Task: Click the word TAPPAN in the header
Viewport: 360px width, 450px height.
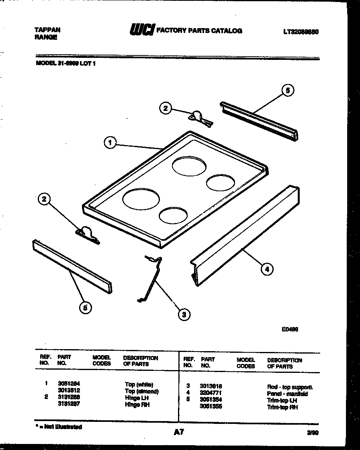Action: pyautogui.click(x=47, y=30)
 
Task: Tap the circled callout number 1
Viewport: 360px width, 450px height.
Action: pyautogui.click(x=109, y=142)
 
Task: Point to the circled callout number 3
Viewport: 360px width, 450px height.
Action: pyautogui.click(x=184, y=314)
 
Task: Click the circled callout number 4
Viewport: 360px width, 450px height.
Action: pyautogui.click(x=267, y=269)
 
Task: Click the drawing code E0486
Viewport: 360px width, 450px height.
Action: pyautogui.click(x=289, y=329)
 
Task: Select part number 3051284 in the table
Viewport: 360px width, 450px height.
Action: pyautogui.click(x=69, y=384)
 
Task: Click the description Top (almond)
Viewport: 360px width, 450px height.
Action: pyautogui.click(x=142, y=391)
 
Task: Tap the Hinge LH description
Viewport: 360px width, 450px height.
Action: pyautogui.click(x=137, y=398)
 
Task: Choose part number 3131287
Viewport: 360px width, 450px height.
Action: pyautogui.click(x=69, y=404)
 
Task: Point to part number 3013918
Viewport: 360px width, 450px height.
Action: pyautogui.click(x=211, y=386)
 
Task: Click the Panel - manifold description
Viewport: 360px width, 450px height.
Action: pyautogui.click(x=287, y=394)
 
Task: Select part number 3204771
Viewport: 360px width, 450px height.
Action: pyautogui.click(x=211, y=393)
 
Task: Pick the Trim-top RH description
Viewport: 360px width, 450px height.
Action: pyautogui.click(x=282, y=407)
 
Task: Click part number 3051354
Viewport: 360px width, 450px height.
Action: pyautogui.click(x=211, y=399)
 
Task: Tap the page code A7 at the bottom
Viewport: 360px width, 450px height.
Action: pyautogui.click(x=179, y=432)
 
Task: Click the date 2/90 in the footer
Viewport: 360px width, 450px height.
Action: pyautogui.click(x=312, y=433)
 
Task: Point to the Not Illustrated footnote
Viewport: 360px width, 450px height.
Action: pyautogui.click(x=59, y=427)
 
